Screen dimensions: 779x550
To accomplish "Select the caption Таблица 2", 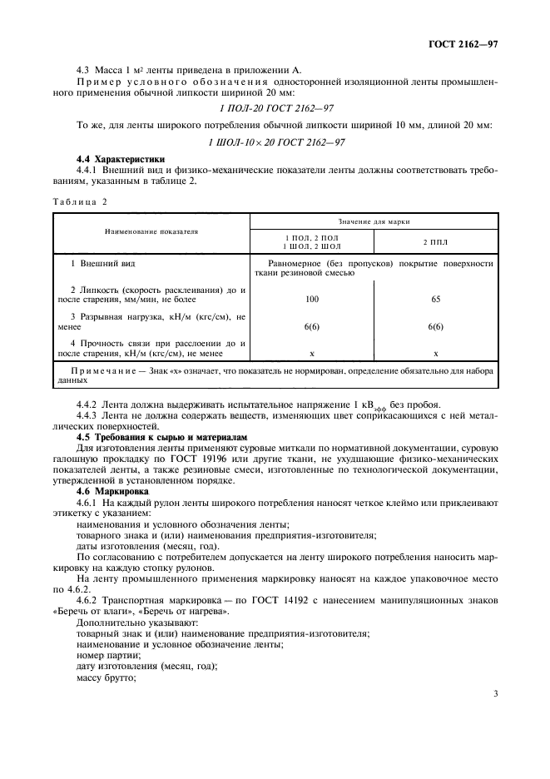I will [81, 201].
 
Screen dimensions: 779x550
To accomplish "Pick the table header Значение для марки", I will [374, 221].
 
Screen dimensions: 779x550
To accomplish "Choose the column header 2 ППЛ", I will [435, 241].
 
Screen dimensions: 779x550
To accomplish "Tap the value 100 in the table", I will [311, 297].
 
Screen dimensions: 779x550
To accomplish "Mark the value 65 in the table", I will [435, 297].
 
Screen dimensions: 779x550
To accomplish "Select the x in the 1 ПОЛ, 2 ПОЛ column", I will [311, 354].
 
